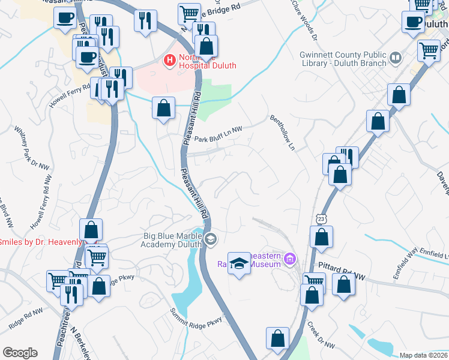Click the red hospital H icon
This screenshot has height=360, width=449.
pyautogui.click(x=169, y=59)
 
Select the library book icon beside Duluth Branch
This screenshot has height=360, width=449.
pyautogui.click(x=395, y=58)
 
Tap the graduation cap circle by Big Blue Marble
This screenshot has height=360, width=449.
pyautogui.click(x=210, y=240)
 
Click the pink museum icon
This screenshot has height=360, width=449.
pyautogui.click(x=291, y=259)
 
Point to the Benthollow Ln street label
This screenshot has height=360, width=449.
pyautogui.click(x=283, y=132)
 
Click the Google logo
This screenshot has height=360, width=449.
pyautogui.click(x=20, y=353)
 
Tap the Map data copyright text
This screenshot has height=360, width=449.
pyautogui.click(x=423, y=355)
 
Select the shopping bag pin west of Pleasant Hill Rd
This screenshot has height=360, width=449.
pyautogui.click(x=163, y=108)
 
